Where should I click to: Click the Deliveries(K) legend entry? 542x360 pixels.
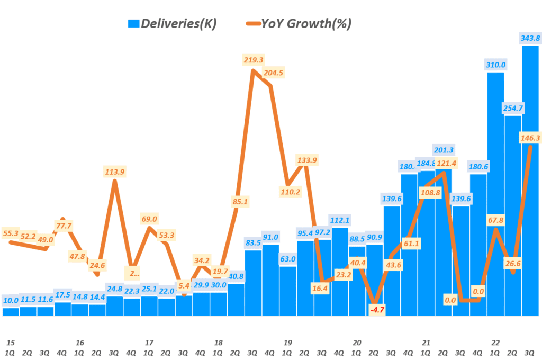coord(173,23)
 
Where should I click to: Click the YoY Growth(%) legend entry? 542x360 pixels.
coord(299,23)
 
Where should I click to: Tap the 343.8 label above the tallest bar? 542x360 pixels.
coord(530,38)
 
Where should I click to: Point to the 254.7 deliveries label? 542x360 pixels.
coord(512,108)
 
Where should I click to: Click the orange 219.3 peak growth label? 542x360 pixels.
coord(253,60)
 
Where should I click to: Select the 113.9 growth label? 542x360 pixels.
coord(114,172)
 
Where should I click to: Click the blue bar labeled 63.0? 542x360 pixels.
coord(287,291)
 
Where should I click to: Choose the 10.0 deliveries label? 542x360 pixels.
coord(11,300)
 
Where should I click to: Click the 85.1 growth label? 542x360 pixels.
coord(239,201)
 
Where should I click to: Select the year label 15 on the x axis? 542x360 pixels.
coord(11,343)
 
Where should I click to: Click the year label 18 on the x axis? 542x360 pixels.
coord(218,343)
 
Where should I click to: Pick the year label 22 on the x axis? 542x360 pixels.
coord(495,343)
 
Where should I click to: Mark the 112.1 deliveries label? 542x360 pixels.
coord(340,220)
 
